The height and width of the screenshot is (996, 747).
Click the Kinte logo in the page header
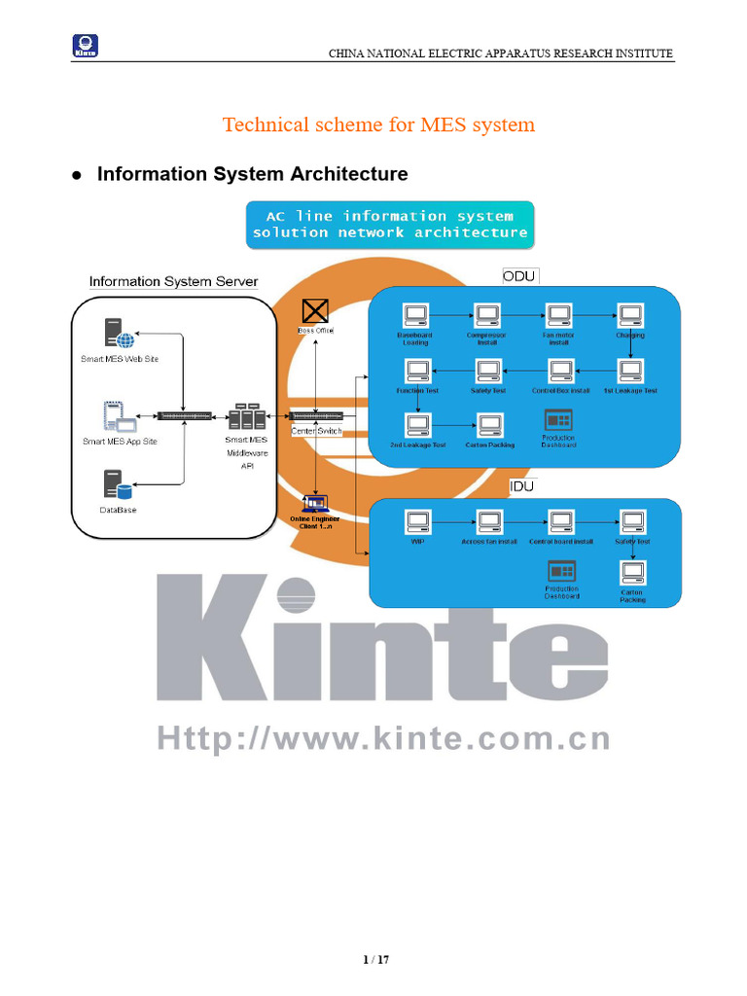[86, 46]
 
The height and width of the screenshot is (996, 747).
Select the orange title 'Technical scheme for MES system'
[378, 124]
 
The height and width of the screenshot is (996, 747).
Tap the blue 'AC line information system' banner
[390, 224]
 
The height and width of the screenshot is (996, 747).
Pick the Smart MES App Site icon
[118, 417]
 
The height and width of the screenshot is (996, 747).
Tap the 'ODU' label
[518, 275]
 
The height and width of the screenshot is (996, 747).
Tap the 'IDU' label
[521, 485]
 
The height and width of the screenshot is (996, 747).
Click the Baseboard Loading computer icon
[415, 316]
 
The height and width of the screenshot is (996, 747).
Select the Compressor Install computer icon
[486, 316]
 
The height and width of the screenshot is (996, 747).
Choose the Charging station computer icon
[630, 316]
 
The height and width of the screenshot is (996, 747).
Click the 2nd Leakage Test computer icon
[417, 425]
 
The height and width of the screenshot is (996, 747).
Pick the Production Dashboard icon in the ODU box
[558, 420]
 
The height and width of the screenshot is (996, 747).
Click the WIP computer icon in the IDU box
[417, 522]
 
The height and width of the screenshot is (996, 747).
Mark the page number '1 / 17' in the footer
[374, 960]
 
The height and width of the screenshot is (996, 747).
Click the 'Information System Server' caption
[174, 282]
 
